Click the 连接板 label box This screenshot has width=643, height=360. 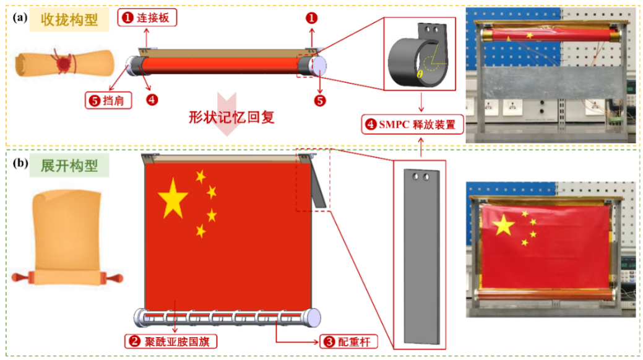[147, 18]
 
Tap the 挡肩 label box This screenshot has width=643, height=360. [108, 100]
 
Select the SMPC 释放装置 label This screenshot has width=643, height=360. [412, 125]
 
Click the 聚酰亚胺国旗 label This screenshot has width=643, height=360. [171, 341]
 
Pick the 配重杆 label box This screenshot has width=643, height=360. [348, 341]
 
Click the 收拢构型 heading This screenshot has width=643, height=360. [69, 19]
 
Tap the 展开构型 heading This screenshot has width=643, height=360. [69, 166]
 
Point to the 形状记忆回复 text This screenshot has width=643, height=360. [231, 118]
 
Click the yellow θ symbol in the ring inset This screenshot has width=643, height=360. [420, 74]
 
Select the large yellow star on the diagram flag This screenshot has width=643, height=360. [173, 198]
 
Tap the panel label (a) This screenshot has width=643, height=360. [20, 18]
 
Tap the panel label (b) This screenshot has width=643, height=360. [20, 163]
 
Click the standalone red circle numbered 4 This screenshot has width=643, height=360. [152, 100]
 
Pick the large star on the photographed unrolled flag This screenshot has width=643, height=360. [503, 225]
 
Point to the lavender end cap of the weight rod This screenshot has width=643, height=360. [314, 318]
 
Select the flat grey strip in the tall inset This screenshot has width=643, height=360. [422, 257]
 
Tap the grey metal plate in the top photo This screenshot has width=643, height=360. [551, 84]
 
